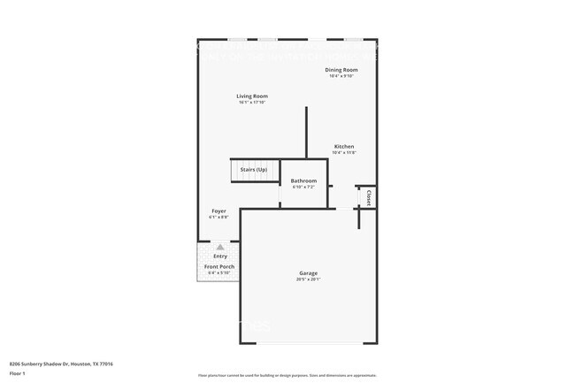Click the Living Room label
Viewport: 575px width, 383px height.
click(252, 96)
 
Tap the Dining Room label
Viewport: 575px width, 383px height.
click(341, 69)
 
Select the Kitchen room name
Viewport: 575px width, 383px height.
click(344, 146)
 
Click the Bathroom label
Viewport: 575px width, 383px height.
click(303, 180)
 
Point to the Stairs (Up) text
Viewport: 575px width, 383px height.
click(253, 170)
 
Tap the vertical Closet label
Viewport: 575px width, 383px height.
click(368, 196)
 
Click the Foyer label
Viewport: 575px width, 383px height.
click(218, 211)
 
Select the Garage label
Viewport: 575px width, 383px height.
click(308, 273)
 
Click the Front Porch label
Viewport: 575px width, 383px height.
click(219, 266)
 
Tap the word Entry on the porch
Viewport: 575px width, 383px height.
click(219, 257)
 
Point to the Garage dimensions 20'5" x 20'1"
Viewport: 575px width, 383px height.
click(308, 280)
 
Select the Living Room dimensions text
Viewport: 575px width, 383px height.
click(252, 103)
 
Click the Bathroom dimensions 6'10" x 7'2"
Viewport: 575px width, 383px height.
click(303, 187)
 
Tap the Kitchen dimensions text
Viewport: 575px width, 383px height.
click(344, 153)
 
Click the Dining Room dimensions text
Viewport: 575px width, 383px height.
click(341, 76)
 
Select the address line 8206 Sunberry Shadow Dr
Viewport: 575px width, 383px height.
click(61, 364)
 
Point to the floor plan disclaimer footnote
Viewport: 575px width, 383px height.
click(287, 375)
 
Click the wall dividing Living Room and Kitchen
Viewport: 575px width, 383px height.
click(306, 133)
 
